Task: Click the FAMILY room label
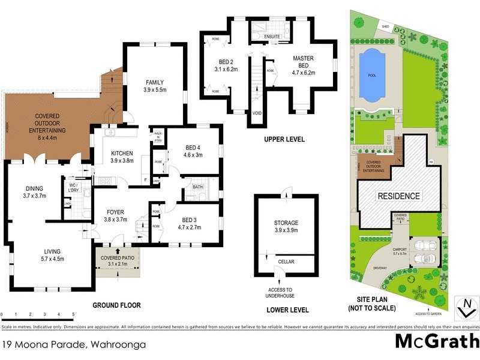click(154, 83)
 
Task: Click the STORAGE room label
click(286, 223)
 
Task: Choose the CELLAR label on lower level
click(286, 262)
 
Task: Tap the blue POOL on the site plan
click(371, 76)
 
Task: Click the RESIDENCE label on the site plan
click(398, 196)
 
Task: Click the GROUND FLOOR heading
click(116, 305)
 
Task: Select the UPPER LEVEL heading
click(284, 139)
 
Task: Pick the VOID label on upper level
click(257, 113)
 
